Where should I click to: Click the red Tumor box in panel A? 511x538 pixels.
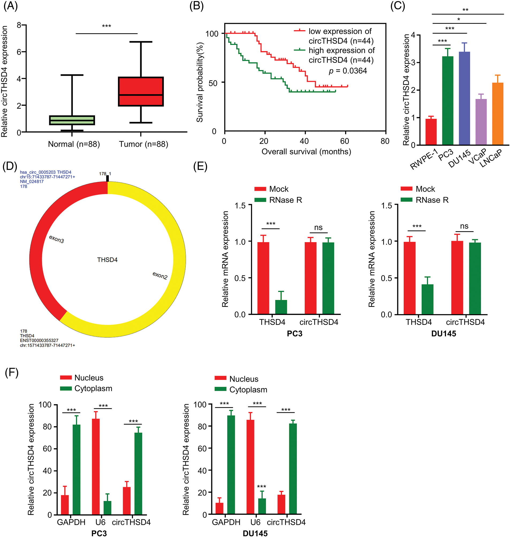[x=140, y=91]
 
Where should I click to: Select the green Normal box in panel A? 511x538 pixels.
[x=72, y=120]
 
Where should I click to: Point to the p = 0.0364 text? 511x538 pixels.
[x=348, y=71]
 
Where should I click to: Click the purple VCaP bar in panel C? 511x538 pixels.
[x=481, y=122]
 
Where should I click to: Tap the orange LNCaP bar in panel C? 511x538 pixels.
[x=497, y=114]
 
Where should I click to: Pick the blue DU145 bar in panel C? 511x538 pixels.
[x=464, y=98]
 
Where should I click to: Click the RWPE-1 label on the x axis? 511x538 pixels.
[x=424, y=159]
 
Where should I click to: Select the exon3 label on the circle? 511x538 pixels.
[x=56, y=239]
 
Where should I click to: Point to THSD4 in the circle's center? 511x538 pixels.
[x=107, y=260]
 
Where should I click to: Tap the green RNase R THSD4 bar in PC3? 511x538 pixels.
[x=281, y=307]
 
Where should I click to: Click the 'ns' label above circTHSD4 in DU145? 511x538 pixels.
[x=464, y=226]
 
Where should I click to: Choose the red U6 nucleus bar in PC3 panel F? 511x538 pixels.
[x=96, y=466]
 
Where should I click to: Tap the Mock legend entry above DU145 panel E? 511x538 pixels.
[x=425, y=189]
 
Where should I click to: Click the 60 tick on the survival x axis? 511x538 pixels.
[x=345, y=141]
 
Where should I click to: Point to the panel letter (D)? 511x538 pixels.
[x=10, y=166]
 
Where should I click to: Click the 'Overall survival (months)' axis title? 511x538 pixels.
[x=306, y=151]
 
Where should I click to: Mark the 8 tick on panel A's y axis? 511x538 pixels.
[x=19, y=25]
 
